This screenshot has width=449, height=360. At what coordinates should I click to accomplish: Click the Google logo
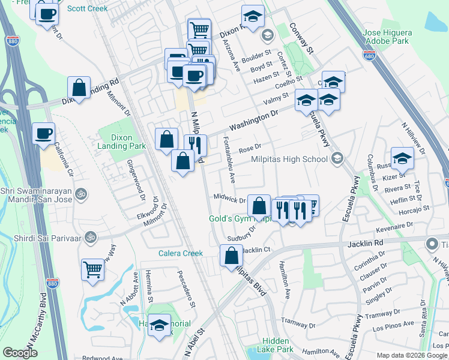click(20, 353)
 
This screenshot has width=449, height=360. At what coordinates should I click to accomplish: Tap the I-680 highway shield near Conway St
click(369, 55)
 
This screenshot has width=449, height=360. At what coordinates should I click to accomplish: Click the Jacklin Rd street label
click(366, 244)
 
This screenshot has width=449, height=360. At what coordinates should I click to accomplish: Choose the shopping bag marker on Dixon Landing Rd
click(79, 87)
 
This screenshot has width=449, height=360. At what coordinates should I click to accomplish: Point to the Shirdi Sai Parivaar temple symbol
click(90, 236)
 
